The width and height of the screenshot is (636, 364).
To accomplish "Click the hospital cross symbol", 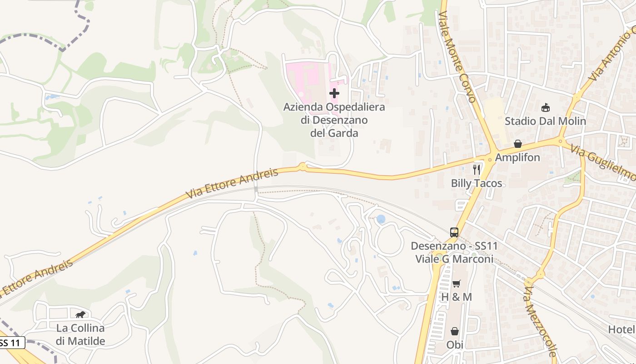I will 334,93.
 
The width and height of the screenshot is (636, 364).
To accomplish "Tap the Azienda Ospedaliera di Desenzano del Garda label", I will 334,120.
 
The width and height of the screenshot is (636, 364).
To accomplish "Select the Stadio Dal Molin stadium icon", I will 545,108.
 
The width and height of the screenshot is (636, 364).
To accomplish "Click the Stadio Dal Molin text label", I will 545,121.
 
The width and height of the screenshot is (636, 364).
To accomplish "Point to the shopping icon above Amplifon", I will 517,144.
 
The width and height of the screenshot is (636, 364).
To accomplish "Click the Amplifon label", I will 517,157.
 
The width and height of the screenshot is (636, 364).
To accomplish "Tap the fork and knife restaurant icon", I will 477,170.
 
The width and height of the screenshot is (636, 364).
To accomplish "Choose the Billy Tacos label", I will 477,183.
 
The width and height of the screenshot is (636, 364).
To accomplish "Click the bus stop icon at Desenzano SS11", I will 454,232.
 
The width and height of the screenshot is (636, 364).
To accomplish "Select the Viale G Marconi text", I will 454,259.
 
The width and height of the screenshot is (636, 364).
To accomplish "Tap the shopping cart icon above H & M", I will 457,283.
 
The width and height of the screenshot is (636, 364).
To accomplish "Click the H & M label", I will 457,297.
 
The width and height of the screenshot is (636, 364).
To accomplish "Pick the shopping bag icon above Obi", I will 455,331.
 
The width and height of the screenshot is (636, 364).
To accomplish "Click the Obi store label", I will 455,344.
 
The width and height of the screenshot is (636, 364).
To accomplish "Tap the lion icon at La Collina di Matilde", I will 80,314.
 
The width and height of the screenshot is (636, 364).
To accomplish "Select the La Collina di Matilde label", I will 80,334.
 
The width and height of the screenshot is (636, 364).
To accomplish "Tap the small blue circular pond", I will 381,219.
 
